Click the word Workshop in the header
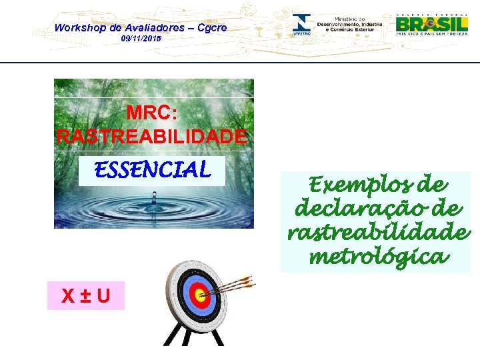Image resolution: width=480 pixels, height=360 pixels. [x=79, y=27]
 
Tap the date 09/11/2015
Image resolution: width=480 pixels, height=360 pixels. [x=141, y=39]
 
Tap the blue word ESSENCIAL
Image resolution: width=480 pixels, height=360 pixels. [x=153, y=171]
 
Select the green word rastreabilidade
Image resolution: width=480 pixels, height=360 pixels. [x=378, y=233]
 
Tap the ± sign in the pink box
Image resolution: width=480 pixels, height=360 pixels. [x=85, y=295]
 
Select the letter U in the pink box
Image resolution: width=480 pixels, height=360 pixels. [x=103, y=295]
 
